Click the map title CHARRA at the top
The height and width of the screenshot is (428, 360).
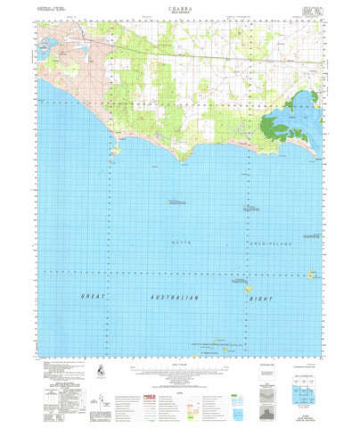pos(179,8)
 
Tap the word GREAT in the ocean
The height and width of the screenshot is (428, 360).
pos(94,295)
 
